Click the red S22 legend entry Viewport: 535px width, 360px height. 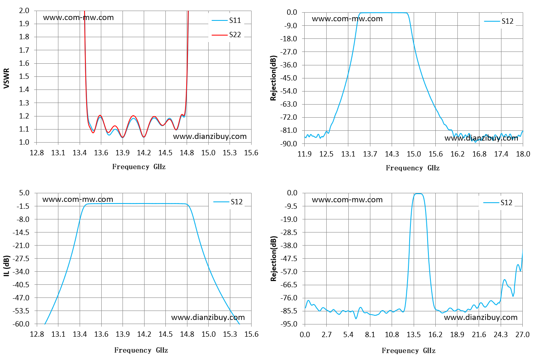coord(226,35)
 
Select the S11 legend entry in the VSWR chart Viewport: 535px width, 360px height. coord(226,20)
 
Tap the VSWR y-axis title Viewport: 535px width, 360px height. coord(7,78)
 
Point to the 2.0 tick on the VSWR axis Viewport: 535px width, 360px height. coord(24,11)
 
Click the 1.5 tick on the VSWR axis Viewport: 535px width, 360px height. coord(24,76)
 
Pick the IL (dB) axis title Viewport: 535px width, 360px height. coord(7,266)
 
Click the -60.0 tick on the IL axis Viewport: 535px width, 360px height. coord(21,324)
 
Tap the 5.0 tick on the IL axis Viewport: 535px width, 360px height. coord(24,193)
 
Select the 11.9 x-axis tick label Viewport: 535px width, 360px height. coord(305,154)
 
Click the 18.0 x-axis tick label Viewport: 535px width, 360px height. coord(523,154)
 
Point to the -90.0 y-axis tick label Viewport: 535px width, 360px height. coord(288,144)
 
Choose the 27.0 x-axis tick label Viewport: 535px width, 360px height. coord(522,334)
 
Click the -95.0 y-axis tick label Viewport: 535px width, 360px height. coord(288,324)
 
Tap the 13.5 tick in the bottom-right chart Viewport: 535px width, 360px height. coord(414,334)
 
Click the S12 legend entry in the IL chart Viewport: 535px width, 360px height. coord(228,202)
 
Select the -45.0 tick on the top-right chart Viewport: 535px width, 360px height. coord(288,78)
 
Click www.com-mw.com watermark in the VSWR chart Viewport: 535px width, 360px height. coord(78,18)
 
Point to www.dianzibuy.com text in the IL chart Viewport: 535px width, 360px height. coord(208,318)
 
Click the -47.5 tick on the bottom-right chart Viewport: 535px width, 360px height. coord(288,258)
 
